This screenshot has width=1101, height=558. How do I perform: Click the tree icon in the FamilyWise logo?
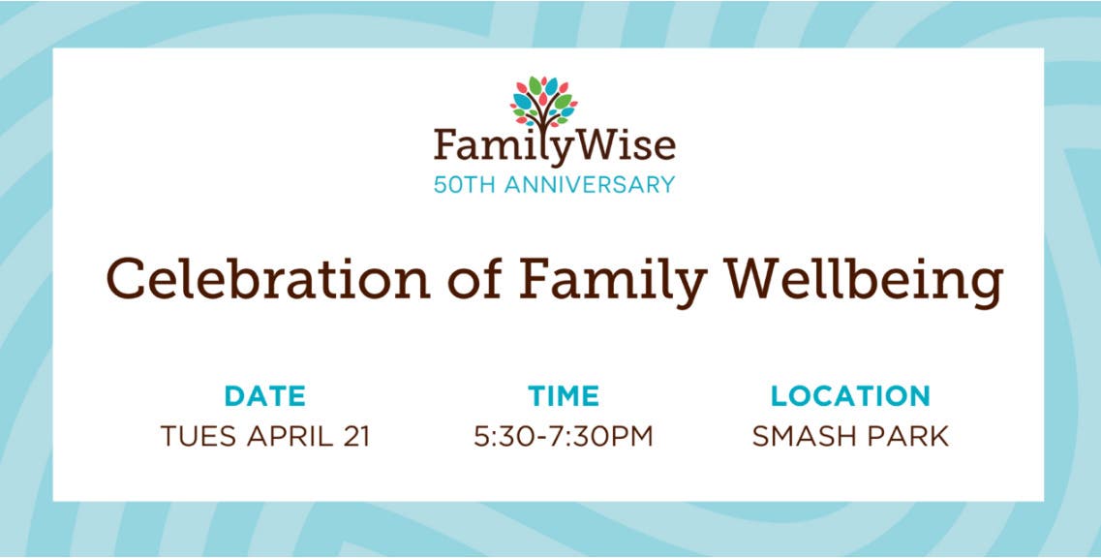[543, 103]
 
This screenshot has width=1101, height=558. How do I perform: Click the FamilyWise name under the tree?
[555, 146]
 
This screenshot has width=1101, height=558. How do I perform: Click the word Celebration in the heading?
[268, 278]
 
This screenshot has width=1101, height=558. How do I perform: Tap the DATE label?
[265, 396]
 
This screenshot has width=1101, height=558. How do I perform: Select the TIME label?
[564, 396]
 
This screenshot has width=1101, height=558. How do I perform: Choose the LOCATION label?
[850, 396]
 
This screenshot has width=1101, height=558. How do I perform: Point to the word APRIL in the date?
[290, 436]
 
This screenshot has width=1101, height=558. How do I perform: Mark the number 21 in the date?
[354, 436]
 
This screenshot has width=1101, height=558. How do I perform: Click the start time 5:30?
[501, 436]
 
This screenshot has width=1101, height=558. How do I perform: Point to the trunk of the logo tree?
[543, 118]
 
